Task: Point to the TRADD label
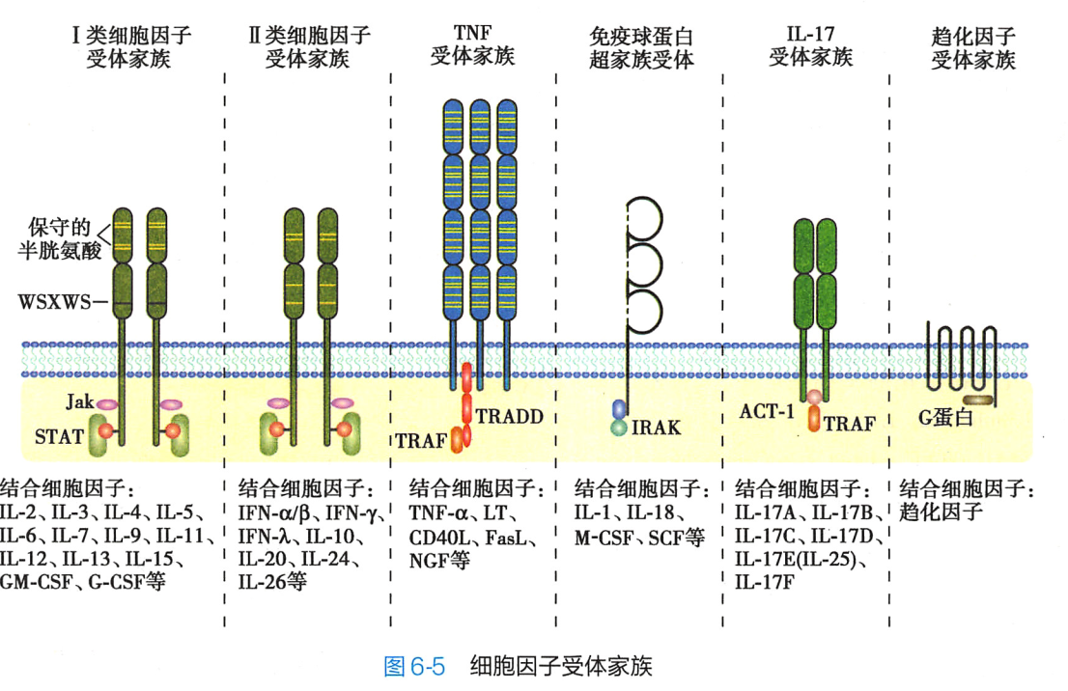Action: (x=509, y=417)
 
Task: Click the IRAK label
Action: (x=657, y=427)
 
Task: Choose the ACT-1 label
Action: (x=768, y=411)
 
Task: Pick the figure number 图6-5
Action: (x=414, y=666)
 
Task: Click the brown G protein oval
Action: (x=979, y=399)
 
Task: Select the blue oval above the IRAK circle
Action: (x=619, y=409)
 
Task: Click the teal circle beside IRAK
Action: (x=619, y=427)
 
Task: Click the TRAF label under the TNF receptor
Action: (x=422, y=441)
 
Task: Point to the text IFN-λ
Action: (x=267, y=536)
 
